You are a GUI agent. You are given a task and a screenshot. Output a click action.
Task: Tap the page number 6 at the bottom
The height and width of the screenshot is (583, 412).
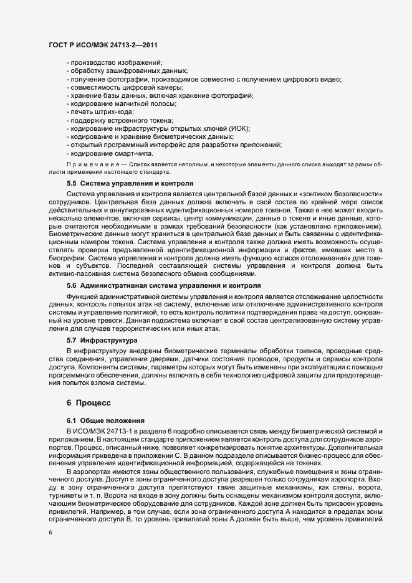coord(50,533)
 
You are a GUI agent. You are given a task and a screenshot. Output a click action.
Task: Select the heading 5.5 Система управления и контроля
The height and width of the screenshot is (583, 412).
coord(130,184)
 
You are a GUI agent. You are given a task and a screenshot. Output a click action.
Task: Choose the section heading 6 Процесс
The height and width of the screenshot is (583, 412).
coord(89,403)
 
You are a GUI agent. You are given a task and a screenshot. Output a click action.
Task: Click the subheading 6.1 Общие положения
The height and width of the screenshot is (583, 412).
coord(106,421)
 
